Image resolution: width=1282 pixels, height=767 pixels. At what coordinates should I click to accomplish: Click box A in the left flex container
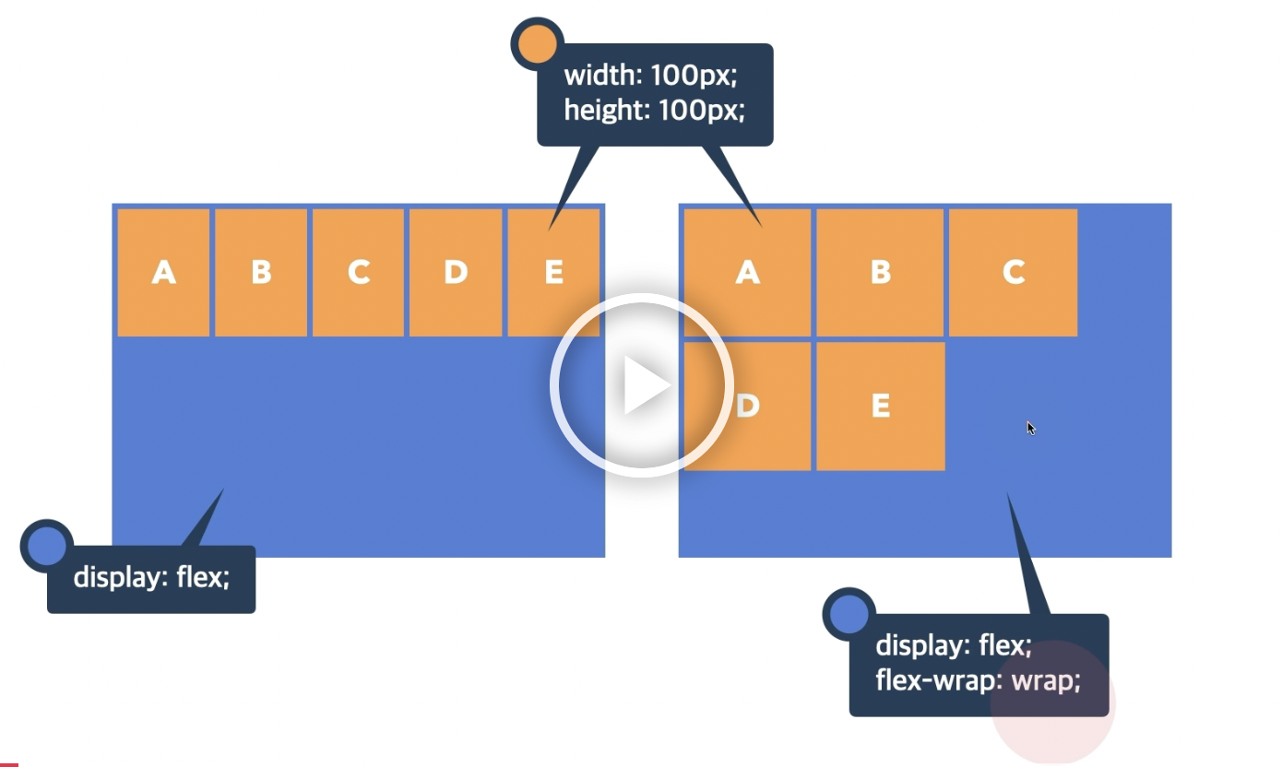(x=163, y=272)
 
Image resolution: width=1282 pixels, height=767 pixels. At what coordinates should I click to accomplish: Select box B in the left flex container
(x=261, y=272)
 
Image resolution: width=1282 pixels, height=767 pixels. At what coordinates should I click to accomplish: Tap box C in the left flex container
(x=358, y=272)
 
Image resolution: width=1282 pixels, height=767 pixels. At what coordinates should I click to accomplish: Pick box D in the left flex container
(x=456, y=272)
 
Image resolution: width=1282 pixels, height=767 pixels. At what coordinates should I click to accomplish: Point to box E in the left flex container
(x=553, y=272)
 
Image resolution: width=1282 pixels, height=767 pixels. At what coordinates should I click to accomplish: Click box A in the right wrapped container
(x=747, y=272)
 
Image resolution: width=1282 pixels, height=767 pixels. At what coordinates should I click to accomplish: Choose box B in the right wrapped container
(x=880, y=272)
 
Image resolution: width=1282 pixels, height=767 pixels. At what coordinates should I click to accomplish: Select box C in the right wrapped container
(x=1013, y=272)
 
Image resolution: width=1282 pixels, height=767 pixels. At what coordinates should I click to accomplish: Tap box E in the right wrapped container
(x=880, y=406)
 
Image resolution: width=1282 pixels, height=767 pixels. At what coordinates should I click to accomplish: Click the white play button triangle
(x=645, y=384)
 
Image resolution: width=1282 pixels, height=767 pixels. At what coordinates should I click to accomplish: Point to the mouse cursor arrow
(x=1030, y=427)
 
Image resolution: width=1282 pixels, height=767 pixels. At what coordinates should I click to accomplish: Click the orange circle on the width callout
(x=537, y=43)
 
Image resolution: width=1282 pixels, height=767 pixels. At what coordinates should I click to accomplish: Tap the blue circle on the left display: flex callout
(x=46, y=546)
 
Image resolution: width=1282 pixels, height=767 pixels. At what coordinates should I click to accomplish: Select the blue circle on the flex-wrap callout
(x=849, y=613)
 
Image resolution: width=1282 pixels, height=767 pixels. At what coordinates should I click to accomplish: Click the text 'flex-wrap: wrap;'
(x=978, y=683)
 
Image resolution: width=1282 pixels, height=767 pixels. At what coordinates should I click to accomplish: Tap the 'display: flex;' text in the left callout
(x=151, y=578)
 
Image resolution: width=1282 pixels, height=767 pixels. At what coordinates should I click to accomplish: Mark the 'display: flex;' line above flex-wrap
(x=953, y=645)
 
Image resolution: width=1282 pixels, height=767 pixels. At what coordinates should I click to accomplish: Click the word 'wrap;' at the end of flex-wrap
(x=1046, y=683)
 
